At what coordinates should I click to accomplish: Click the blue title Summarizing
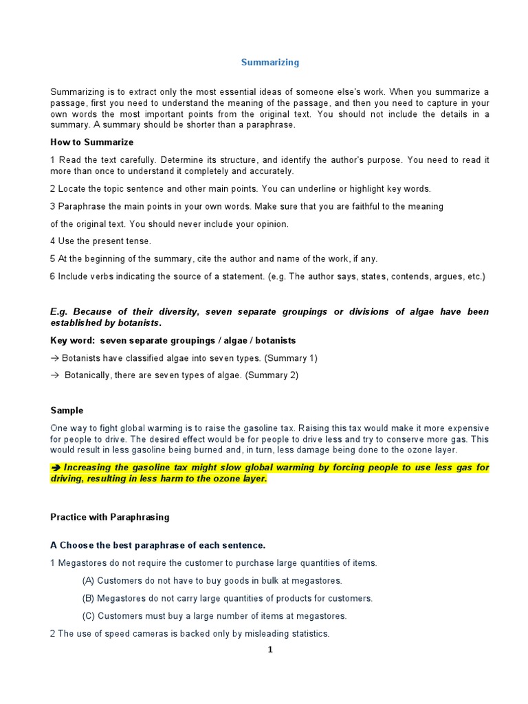point(269,63)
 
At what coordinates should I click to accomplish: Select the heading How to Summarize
point(91,142)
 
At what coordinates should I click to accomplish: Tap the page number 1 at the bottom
point(270,650)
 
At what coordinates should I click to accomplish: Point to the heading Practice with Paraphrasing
point(109,516)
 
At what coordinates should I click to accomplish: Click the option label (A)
point(88,580)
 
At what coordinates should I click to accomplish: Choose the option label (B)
point(88,598)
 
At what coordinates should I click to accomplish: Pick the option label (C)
point(88,616)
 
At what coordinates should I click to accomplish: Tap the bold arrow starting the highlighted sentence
point(56,467)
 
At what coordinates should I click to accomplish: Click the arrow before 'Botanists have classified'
point(54,358)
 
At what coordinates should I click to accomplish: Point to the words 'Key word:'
point(73,340)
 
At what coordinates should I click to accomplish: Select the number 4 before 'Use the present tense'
point(52,241)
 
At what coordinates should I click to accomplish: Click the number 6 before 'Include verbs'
point(52,276)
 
